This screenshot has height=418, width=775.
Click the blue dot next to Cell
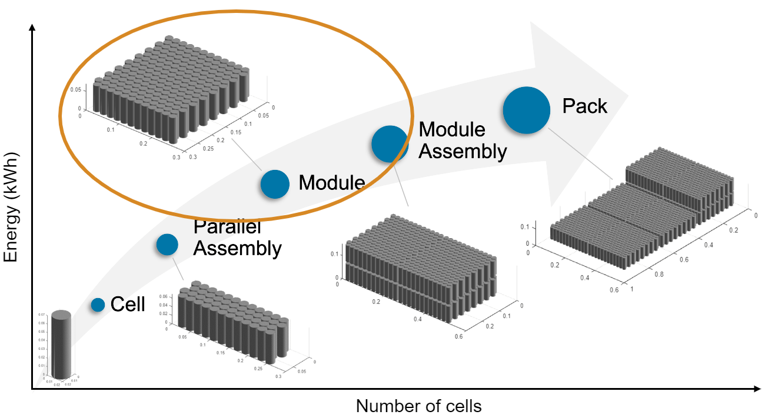(98, 305)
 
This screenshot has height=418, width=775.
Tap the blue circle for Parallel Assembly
(167, 245)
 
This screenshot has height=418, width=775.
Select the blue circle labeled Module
(275, 183)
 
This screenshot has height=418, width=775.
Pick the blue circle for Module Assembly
(390, 144)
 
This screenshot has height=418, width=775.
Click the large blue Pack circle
(526, 110)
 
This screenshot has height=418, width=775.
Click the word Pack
(584, 106)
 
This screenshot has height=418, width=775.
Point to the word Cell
(128, 305)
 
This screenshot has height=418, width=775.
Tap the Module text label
(331, 183)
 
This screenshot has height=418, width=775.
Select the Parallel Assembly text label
(237, 238)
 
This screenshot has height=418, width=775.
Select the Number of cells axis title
(418, 406)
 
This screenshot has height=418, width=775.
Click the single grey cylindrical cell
(61, 345)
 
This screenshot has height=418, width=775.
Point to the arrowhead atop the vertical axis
(32, 27)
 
